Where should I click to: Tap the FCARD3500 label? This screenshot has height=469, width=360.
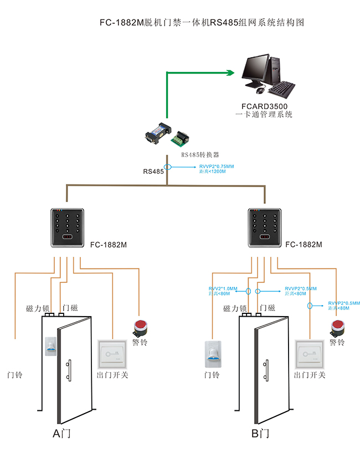coord(264,106)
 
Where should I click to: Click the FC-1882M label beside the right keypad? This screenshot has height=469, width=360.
coord(304,244)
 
